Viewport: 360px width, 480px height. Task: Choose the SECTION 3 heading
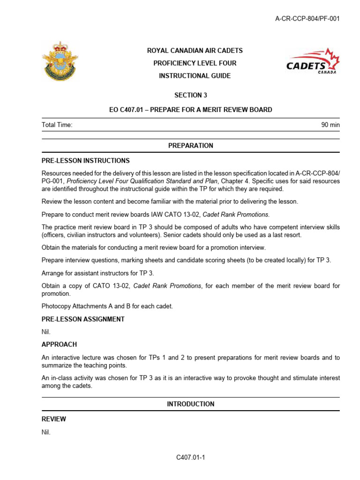click(x=190, y=95)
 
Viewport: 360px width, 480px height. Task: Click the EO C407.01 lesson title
click(x=190, y=110)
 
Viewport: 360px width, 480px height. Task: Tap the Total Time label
click(x=57, y=125)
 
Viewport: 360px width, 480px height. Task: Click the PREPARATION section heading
click(x=190, y=146)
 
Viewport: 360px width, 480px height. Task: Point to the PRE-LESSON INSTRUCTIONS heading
click(x=86, y=161)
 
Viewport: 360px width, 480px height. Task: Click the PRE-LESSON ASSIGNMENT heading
click(x=83, y=319)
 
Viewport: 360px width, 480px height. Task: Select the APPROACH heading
click(x=59, y=344)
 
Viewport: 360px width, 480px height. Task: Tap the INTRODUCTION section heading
click(x=190, y=404)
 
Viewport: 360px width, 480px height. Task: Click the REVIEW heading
click(x=54, y=419)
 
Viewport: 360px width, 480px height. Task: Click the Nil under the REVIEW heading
click(x=46, y=432)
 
